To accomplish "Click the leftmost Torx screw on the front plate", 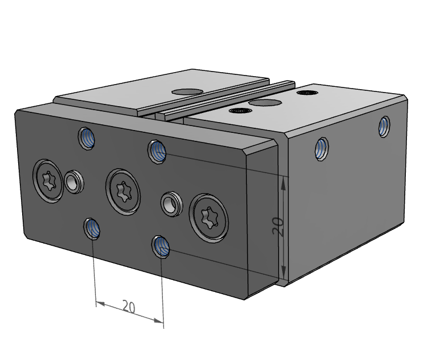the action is point(48,181).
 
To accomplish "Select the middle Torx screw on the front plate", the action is point(123,192).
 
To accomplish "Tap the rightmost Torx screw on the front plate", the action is point(209,217).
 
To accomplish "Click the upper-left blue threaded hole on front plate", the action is point(86,138).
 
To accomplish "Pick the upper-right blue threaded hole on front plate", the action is point(157,152).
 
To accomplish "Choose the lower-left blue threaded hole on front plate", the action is point(92,229).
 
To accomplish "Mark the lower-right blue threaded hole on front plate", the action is point(161,246).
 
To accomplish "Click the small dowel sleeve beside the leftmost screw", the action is point(74,182).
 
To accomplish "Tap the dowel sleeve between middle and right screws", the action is point(171,204).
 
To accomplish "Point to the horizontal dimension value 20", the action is point(129,307).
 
